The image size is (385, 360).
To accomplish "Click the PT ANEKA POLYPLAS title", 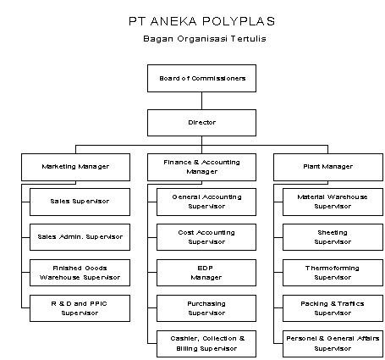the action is (x=201, y=21).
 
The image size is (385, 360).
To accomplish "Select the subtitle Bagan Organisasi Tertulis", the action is (x=205, y=39).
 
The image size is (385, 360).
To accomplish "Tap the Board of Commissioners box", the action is (x=201, y=78).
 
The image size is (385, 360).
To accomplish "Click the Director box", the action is (x=201, y=123).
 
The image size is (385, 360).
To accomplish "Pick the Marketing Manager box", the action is (x=75, y=167).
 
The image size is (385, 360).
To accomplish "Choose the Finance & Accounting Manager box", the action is (x=201, y=167).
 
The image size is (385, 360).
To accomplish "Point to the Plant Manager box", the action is (x=328, y=167).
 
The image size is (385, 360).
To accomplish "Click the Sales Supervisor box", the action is (x=80, y=202).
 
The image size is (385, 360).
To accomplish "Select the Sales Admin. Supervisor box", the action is (x=80, y=237).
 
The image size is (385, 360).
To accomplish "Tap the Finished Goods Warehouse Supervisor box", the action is (x=80, y=273).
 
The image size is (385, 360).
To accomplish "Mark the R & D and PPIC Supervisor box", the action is (x=80, y=308).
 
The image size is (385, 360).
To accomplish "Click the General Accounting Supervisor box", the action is (x=206, y=202).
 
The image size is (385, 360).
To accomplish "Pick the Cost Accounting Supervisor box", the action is (x=206, y=237).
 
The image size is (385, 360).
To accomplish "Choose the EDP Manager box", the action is (x=206, y=273).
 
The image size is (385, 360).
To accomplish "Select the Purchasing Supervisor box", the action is (x=206, y=308).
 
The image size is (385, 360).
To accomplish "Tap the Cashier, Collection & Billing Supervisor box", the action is (x=206, y=344).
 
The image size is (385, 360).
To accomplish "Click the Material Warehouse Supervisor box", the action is (x=333, y=202).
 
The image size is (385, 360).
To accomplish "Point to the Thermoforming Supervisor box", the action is (x=333, y=273).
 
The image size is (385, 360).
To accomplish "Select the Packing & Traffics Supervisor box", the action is (x=333, y=308).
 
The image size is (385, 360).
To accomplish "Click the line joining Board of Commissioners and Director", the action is (x=201, y=101).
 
